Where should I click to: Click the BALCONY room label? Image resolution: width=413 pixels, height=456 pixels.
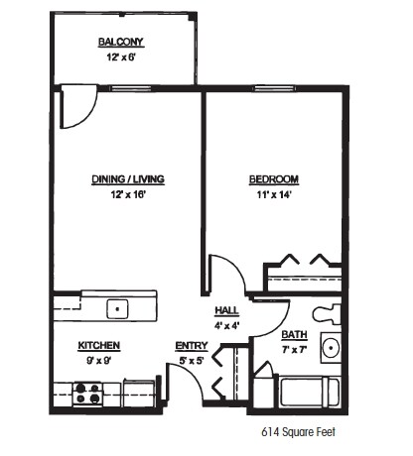click(x=121, y=42)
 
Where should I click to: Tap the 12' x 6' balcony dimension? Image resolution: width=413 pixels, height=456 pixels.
click(x=121, y=57)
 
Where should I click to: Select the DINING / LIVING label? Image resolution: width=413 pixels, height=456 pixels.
click(x=128, y=179)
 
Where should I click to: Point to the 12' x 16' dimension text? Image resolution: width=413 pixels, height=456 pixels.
click(x=128, y=194)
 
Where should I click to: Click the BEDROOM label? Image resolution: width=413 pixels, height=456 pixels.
click(x=273, y=179)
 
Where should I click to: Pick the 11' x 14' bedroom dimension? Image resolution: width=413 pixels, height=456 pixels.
click(x=273, y=194)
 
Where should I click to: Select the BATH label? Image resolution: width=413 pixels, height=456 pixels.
click(x=294, y=335)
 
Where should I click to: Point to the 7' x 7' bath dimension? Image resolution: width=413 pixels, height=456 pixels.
click(x=294, y=349)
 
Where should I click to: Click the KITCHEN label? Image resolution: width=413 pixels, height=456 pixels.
click(x=99, y=345)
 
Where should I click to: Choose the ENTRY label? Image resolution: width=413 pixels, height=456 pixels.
click(x=191, y=345)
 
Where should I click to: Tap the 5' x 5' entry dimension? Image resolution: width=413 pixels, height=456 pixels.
click(x=191, y=360)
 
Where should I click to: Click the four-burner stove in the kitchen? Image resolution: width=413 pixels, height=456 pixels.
click(x=89, y=395)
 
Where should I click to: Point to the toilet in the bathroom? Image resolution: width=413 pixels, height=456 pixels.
click(x=327, y=315)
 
